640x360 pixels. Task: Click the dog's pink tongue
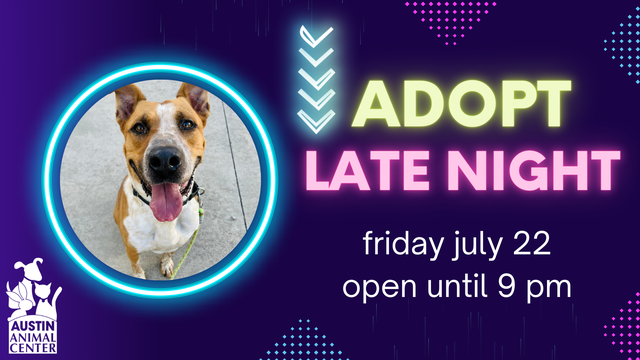point(165,201)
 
